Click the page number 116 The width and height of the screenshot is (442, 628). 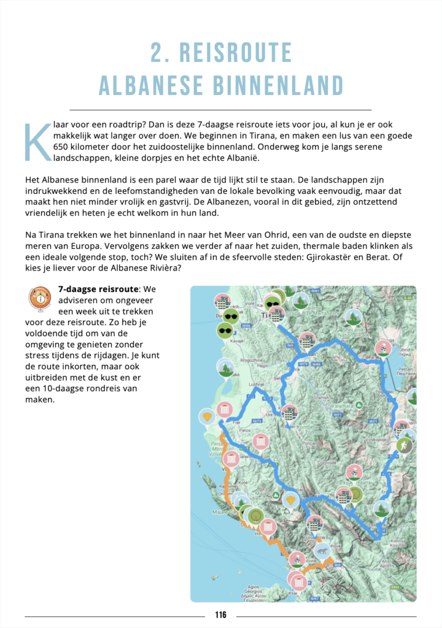coord(221,615)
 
